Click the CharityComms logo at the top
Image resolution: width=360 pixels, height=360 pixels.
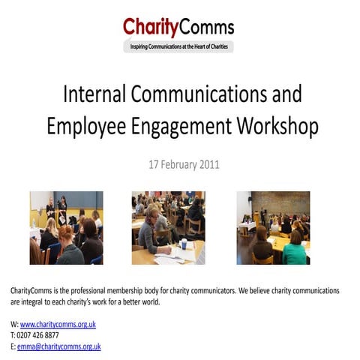pyautogui.click(x=178, y=28)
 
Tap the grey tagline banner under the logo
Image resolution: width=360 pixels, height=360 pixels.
pyautogui.click(x=178, y=47)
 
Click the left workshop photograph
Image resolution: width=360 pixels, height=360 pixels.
pyautogui.click(x=66, y=227)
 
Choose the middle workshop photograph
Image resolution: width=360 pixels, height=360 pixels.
pyautogui.click(x=168, y=227)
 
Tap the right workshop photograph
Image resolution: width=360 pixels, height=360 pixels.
pyautogui.click(x=273, y=227)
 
